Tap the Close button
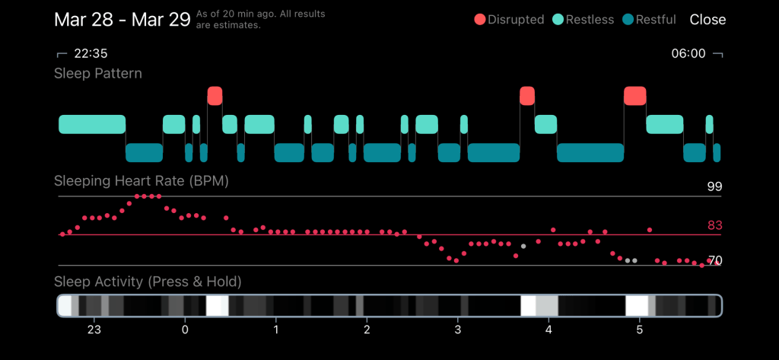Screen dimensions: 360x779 [707, 20]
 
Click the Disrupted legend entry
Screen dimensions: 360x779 [509, 20]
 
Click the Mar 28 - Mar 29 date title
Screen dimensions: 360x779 [122, 20]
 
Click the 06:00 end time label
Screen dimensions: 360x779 [688, 54]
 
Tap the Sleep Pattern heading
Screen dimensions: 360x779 [98, 74]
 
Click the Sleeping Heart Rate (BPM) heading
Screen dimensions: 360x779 [141, 182]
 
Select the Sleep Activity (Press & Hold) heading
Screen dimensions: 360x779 [148, 282]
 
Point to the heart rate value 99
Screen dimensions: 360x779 [714, 186]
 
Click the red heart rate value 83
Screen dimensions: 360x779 [714, 225]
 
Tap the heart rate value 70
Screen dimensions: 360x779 [714, 260]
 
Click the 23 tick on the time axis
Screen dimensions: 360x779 [94, 330]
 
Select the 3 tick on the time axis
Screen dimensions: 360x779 [457, 330]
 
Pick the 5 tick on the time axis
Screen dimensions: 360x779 [640, 330]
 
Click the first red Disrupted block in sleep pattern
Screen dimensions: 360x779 [215, 96]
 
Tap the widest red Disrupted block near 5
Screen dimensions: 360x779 [634, 96]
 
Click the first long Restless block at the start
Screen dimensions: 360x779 [92, 124]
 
